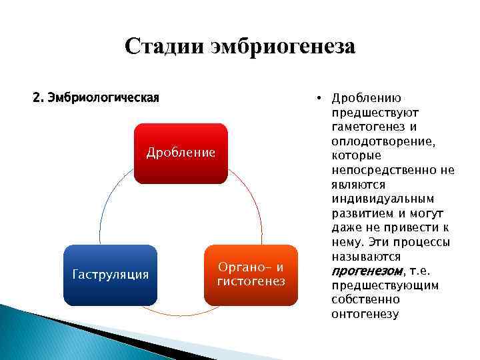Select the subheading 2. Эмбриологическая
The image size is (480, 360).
click(96, 98)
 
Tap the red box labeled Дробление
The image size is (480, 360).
click(181, 153)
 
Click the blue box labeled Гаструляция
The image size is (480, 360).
click(110, 275)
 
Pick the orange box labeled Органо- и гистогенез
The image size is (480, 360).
click(251, 275)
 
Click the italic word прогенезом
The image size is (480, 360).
click(367, 271)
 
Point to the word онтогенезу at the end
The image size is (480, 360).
click(365, 314)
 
